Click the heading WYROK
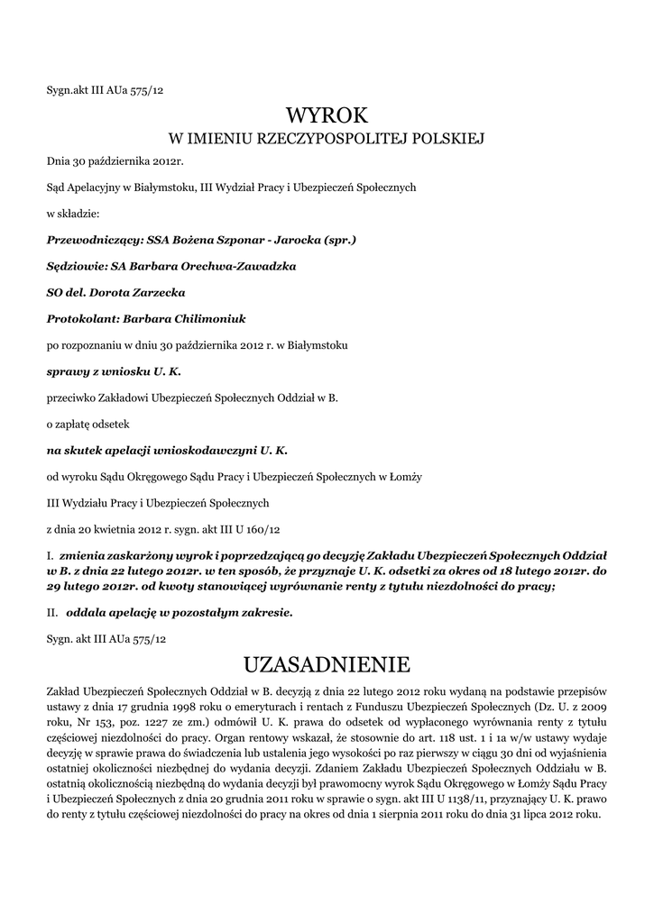(327, 114)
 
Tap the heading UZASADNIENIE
(327, 664)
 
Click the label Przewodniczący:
(88, 241)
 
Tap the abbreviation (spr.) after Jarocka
(338, 241)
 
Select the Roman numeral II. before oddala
(52, 613)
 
